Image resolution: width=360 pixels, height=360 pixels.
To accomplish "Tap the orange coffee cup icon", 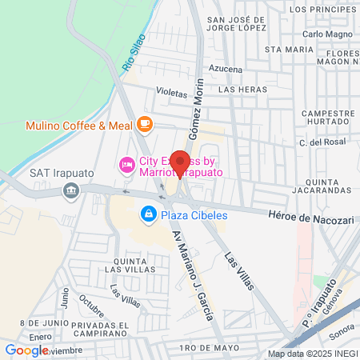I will coord(144,123).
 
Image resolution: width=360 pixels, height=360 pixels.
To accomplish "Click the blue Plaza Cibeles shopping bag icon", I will coord(148,214).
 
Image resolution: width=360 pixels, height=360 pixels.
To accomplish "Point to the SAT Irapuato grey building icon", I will coord(71,190).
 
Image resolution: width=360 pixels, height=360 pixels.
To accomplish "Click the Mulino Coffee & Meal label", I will coord(78,126).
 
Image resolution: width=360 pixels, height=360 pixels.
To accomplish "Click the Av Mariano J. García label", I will coord(193,275).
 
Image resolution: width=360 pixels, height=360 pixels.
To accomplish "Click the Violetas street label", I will coord(171,92).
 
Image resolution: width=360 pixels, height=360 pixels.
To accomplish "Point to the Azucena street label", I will coord(226,70).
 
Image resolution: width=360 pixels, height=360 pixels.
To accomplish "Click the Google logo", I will coord(26,350).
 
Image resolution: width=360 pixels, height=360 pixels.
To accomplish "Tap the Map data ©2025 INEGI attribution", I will coord(313,354).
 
